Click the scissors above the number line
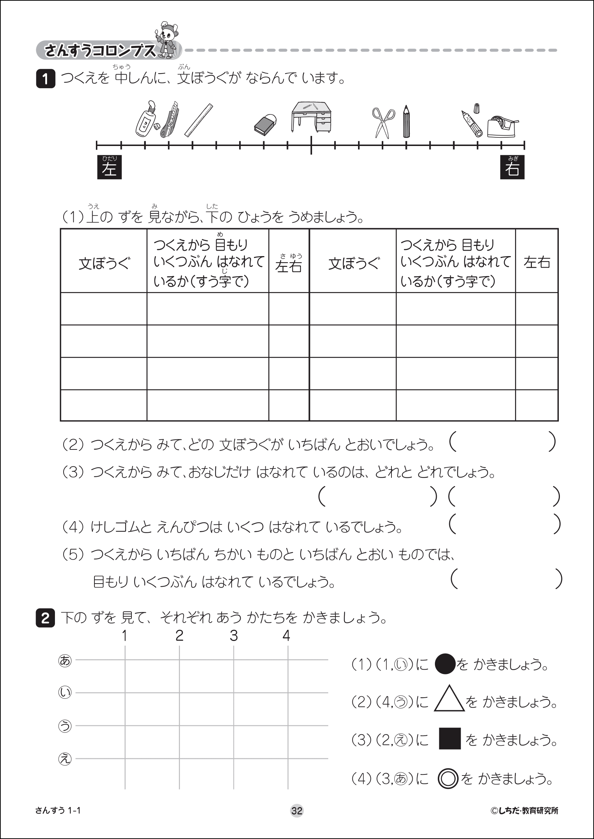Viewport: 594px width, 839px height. [383, 122]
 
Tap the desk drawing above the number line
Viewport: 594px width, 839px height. [311, 117]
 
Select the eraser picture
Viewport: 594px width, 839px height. [265, 124]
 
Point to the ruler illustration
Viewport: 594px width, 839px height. [199, 120]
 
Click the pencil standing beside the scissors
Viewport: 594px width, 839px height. [406, 122]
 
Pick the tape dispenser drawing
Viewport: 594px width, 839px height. [502, 126]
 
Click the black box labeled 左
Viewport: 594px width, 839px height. [110, 168]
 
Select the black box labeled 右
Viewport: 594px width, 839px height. [512, 168]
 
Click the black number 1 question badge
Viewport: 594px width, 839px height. [45, 79]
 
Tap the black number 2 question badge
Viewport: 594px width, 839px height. [45, 618]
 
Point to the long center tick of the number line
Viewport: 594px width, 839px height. [311, 145]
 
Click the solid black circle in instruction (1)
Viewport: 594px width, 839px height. [445, 664]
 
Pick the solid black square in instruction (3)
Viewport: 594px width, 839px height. [450, 739]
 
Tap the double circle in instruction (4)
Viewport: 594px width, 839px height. [448, 779]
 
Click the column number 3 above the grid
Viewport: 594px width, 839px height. [234, 636]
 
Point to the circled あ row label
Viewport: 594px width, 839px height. [65, 661]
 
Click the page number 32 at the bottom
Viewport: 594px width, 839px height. [297, 811]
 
